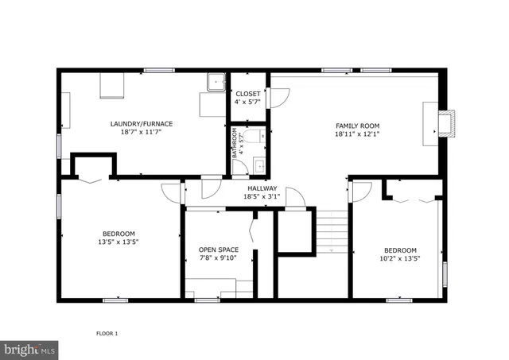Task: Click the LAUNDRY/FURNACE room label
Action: click(x=142, y=124)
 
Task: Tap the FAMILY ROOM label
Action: click(x=357, y=126)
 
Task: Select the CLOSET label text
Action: click(x=247, y=95)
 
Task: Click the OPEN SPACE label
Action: click(x=218, y=250)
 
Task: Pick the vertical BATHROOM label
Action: click(x=235, y=143)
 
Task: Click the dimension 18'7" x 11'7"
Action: click(x=142, y=133)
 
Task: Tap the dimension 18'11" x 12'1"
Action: click(x=357, y=135)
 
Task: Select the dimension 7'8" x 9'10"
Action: click(x=218, y=258)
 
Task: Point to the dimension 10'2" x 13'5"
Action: click(x=399, y=257)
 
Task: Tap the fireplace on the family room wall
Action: click(x=447, y=124)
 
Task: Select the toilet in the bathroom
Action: click(x=254, y=137)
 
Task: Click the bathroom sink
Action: click(x=258, y=165)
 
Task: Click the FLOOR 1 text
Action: click(x=107, y=333)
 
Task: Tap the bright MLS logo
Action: click(x=30, y=349)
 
